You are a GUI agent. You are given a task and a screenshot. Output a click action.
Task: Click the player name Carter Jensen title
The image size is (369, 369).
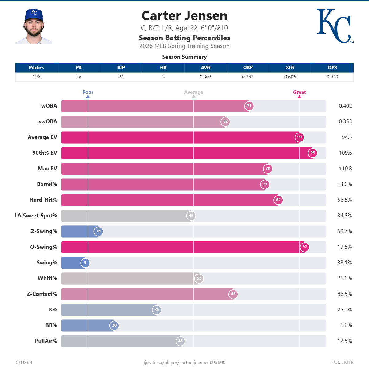184,16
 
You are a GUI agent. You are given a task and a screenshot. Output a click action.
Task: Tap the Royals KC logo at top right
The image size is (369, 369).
335,26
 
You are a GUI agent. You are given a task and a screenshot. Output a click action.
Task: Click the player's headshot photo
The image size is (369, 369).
34,27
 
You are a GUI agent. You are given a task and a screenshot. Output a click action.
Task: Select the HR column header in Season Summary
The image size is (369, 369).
163,68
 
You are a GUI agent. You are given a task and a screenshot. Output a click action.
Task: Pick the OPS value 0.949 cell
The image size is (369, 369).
332,77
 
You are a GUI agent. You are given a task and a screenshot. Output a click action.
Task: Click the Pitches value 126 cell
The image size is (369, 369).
37,77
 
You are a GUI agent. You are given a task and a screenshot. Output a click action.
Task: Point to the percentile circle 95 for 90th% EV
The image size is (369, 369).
312,153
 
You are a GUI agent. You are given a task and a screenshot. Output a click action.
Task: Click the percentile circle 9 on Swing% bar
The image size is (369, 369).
85,263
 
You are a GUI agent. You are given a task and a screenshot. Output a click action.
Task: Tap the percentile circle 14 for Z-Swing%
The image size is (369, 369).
98,231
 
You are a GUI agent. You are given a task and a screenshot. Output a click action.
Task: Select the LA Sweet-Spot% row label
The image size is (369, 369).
36,216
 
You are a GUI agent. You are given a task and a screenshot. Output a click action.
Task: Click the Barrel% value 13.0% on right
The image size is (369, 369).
344,184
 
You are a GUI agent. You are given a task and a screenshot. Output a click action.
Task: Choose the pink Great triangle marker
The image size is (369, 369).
299,97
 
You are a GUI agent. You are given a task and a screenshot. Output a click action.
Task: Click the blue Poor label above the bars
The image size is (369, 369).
88,92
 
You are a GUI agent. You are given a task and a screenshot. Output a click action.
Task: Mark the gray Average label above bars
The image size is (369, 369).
193,92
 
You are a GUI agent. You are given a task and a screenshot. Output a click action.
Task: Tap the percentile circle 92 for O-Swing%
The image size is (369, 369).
305,247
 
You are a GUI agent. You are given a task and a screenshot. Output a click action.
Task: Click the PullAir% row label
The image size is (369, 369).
46,341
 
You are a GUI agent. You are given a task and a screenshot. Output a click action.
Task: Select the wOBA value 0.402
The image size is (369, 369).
345,106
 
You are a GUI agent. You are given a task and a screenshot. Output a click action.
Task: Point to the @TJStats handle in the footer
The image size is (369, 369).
25,363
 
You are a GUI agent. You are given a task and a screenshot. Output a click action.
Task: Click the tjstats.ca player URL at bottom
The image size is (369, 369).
184,363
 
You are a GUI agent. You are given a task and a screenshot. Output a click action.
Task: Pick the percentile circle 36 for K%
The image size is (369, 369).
157,310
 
